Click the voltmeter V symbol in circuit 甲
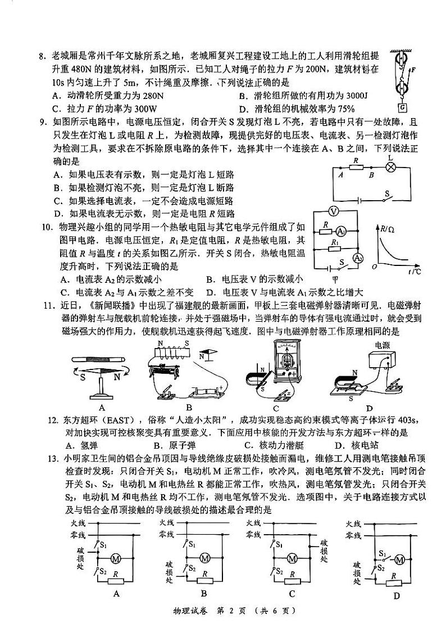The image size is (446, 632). coord(334,211)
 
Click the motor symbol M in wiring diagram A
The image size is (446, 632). coord(117,558)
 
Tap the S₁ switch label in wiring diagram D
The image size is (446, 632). coord(383,554)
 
